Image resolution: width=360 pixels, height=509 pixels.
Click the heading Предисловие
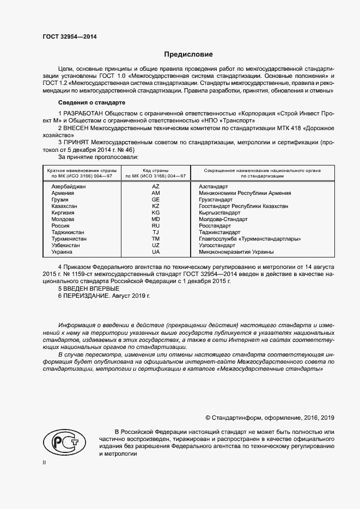point(188,54)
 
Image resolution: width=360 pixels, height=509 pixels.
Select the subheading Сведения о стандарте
point(91,102)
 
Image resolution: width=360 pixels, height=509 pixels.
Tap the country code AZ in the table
point(156,187)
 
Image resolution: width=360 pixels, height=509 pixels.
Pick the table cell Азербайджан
point(69,187)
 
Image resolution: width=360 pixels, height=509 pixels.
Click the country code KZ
point(156,206)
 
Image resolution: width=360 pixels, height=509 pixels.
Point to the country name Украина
point(62,252)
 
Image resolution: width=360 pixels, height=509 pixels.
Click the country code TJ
point(156,232)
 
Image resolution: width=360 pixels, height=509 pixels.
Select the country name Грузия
point(60,200)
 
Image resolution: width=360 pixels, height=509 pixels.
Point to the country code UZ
point(156,246)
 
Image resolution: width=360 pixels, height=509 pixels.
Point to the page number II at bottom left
point(45,463)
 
